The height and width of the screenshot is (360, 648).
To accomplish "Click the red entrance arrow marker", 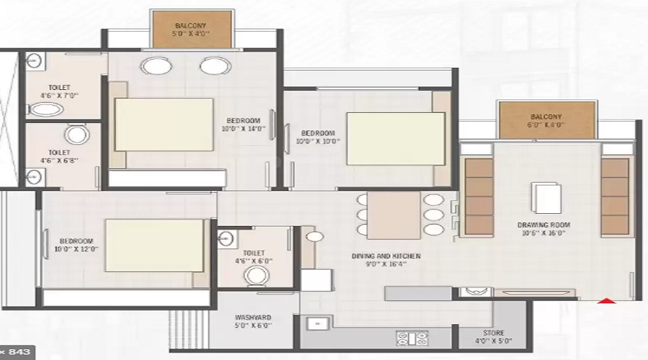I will (608, 301).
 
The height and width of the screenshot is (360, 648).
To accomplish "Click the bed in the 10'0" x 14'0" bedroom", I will (164, 125).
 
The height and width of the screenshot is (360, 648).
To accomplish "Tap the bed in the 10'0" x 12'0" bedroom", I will (155, 246).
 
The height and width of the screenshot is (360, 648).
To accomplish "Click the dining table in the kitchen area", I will (393, 215).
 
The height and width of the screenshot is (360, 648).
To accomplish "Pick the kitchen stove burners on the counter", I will (412, 338).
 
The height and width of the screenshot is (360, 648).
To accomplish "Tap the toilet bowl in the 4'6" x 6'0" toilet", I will (256, 276).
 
